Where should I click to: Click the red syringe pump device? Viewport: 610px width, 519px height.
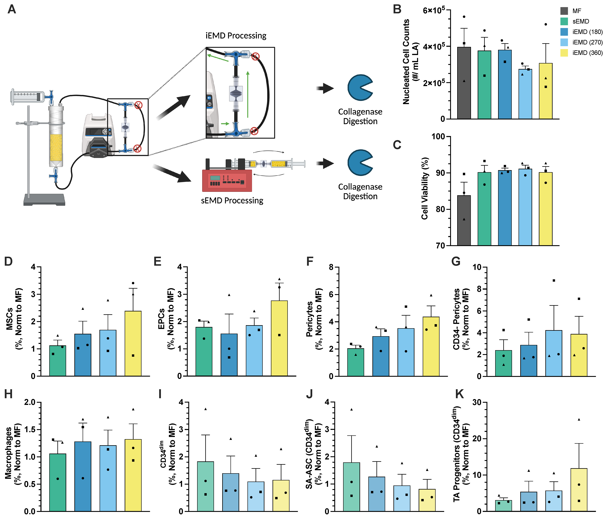click(227, 180)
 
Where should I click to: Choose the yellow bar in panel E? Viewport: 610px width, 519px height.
click(279, 338)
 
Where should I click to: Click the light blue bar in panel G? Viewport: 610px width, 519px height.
click(554, 353)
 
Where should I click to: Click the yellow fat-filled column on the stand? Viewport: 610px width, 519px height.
click(56, 147)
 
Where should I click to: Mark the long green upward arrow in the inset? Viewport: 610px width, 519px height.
click(248, 94)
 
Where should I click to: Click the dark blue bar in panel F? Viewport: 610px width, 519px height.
click(381, 356)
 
